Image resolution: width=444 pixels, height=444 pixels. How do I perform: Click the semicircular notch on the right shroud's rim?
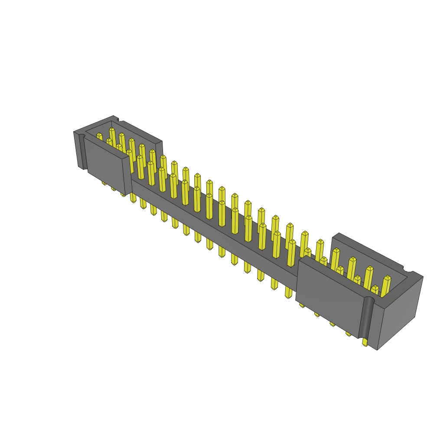(408, 269)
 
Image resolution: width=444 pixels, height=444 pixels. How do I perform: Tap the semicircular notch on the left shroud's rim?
(120, 120)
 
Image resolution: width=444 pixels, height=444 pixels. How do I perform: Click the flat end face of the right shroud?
(399, 312)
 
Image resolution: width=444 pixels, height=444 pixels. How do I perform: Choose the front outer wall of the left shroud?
(106, 165)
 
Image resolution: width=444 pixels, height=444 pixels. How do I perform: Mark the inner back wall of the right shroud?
(369, 256)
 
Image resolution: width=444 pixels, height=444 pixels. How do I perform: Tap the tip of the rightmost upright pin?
(388, 278)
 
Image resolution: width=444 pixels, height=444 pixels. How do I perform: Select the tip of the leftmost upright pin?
(99, 135)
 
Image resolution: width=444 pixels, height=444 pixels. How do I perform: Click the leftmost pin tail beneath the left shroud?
(104, 183)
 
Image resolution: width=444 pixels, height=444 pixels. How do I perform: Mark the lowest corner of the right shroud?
(377, 349)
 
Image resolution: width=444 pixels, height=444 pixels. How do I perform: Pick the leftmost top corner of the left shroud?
(75, 132)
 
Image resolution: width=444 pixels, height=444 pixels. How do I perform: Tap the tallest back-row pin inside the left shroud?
(112, 130)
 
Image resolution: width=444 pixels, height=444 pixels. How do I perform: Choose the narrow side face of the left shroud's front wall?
(127, 176)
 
